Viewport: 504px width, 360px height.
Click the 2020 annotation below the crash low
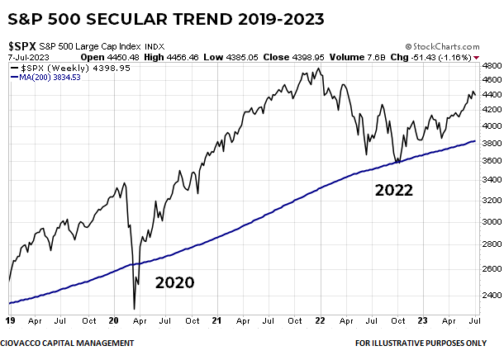(166, 282)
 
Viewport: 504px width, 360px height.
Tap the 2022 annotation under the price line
(393, 191)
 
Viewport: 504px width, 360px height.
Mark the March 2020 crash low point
(135, 309)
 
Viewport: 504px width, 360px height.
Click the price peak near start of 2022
(316, 69)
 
